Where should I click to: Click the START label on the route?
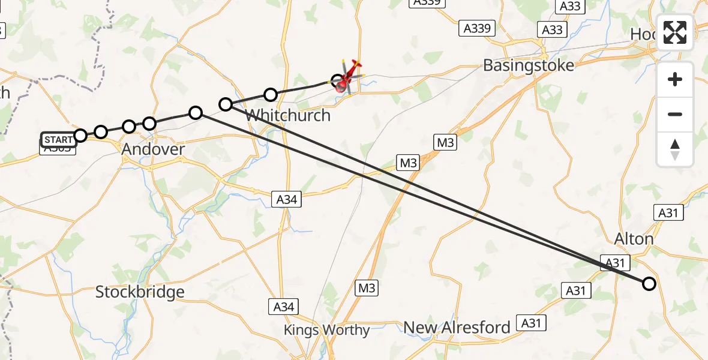coord(59,140)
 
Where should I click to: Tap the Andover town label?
coord(153,149)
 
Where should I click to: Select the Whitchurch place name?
coord(288,115)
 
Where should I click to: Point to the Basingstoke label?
coord(529,65)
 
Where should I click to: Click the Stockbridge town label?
coord(140,292)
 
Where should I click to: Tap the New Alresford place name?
coord(457,328)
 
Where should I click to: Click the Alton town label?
coord(634,239)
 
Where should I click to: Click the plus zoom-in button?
coord(675,79)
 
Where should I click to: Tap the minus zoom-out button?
coord(675,114)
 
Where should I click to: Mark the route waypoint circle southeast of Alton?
coord(649,284)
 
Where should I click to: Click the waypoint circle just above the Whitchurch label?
coord(271,94)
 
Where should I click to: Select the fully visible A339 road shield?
coord(478,28)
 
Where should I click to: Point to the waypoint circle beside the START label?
coord(80,135)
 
